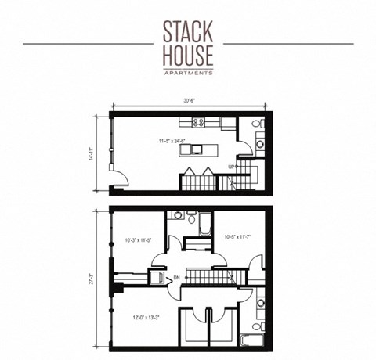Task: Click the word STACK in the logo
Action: (188, 31)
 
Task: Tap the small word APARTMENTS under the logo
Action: (188, 73)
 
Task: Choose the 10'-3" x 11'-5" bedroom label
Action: (137, 240)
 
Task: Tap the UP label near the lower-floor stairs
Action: (233, 167)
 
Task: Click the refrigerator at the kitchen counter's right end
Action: (225, 123)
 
